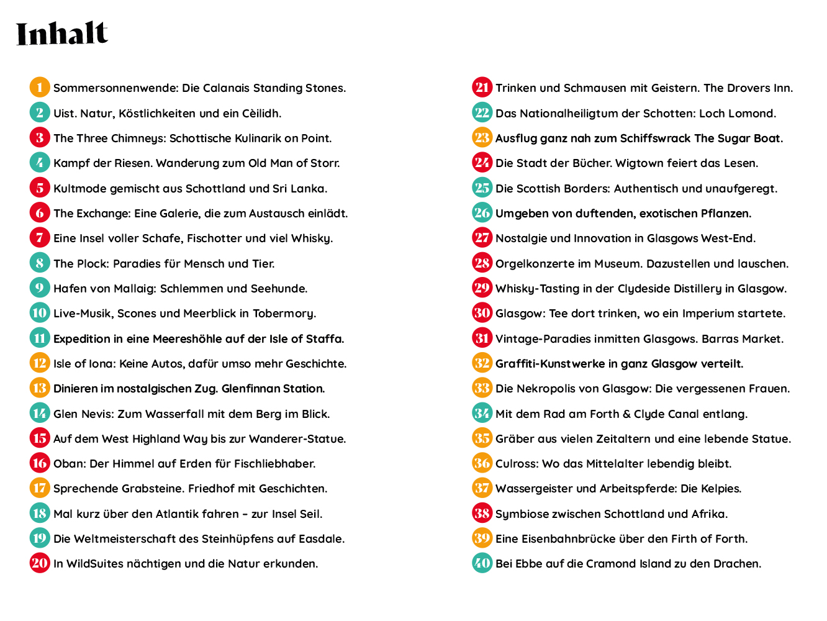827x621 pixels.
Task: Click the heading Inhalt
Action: (x=62, y=34)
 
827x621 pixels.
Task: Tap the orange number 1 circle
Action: (x=40, y=88)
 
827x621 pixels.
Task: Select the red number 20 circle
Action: (x=40, y=563)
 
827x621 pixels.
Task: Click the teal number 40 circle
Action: (x=482, y=563)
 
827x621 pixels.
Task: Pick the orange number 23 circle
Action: (x=482, y=138)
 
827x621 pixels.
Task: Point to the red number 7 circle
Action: (x=40, y=238)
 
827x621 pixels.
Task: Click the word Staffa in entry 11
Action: (x=325, y=339)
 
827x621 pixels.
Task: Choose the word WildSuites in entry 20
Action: (x=95, y=564)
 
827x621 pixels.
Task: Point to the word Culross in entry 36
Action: (x=516, y=464)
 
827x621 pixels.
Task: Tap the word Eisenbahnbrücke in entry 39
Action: (x=570, y=539)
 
